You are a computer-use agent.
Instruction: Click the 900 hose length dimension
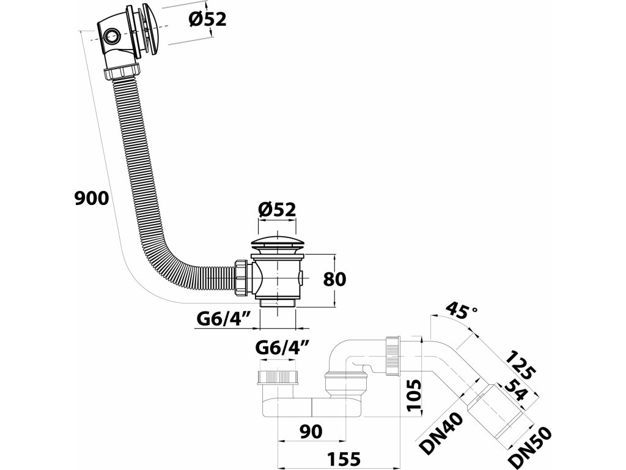tap(92, 199)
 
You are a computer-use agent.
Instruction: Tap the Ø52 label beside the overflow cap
tap(207, 19)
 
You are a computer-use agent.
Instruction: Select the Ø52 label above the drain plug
tap(277, 209)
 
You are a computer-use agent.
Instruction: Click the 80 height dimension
tap(334, 279)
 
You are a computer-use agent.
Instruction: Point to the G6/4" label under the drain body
tap(224, 319)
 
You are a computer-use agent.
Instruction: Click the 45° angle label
tap(461, 310)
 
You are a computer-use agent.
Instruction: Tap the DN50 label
tap(530, 447)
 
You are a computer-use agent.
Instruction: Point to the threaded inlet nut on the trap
tap(278, 377)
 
